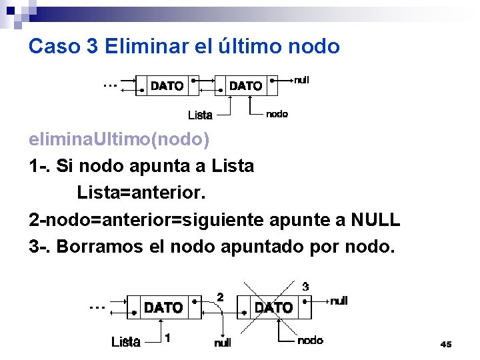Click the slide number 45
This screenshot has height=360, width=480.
[446, 344]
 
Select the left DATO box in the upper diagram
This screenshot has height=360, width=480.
[167, 86]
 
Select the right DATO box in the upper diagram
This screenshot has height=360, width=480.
[245, 86]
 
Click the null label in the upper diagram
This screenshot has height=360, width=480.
[301, 80]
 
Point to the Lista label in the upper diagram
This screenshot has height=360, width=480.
[200, 115]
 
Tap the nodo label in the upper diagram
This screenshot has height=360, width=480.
[277, 114]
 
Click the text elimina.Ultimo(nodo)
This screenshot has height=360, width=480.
[119, 140]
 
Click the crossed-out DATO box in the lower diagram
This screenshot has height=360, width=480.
[273, 307]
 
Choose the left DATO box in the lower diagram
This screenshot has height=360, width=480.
[163, 307]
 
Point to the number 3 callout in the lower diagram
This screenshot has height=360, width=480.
[305, 287]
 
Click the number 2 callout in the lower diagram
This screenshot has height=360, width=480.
[220, 296]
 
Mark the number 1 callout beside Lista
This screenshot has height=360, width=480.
[167, 338]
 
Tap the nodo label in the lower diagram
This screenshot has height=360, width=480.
[310, 341]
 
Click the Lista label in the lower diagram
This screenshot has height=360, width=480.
[125, 342]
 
